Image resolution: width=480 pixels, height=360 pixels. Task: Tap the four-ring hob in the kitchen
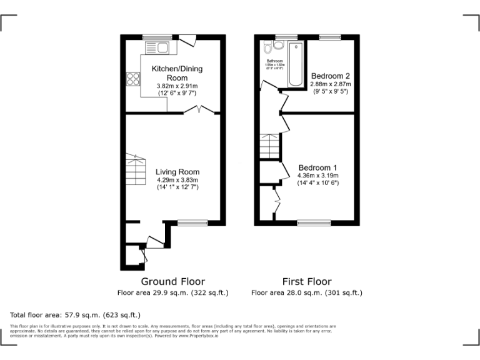133,79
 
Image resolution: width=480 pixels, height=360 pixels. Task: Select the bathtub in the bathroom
294,63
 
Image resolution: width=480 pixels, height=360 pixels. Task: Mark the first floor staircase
269,147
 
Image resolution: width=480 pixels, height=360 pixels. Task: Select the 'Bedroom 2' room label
331,76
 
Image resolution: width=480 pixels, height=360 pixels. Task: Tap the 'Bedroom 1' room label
317,167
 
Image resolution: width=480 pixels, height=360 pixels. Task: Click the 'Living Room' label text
177,172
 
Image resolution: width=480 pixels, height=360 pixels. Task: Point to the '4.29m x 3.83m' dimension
177,181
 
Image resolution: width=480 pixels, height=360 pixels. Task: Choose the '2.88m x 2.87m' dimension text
331,84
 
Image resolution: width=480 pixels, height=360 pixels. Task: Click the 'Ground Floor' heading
172,281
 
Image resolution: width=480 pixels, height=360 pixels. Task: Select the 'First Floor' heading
306,281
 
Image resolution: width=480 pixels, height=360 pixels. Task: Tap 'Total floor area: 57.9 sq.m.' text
76,314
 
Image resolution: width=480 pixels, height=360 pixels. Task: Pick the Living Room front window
192,222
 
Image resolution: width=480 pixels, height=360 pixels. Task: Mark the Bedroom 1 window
314,222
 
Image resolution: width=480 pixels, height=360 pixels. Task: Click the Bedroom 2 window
329,37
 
